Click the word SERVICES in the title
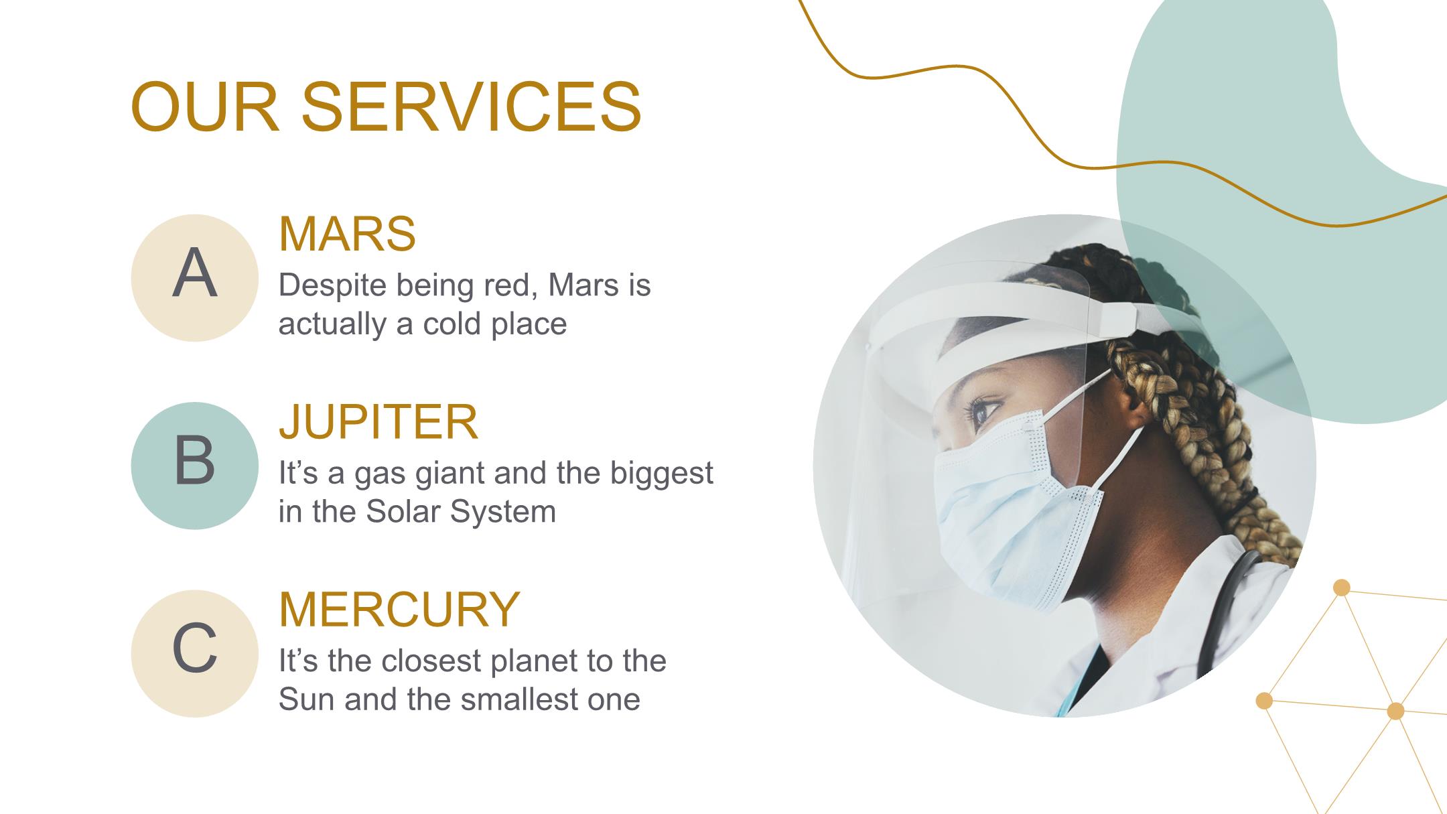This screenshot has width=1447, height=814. click(472, 106)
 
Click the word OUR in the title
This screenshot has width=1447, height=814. click(205, 106)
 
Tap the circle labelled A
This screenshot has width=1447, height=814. click(194, 277)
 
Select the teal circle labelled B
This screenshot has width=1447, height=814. click(194, 466)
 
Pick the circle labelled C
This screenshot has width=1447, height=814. click(194, 653)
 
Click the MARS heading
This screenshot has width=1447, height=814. click(347, 234)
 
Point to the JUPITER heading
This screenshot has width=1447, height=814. click(378, 421)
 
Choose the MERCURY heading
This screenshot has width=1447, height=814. click(399, 609)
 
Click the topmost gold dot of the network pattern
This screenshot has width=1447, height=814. click(1341, 588)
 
